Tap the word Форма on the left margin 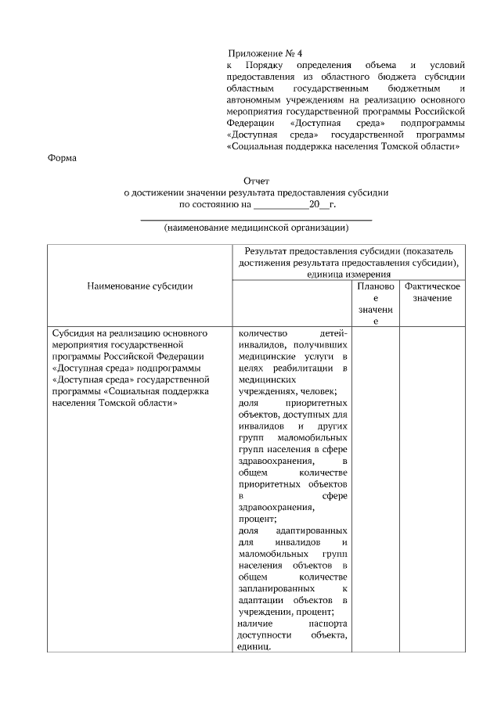tap(63, 159)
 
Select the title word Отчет tap(256, 180)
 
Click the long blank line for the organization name tap(256, 219)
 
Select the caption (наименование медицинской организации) tap(256, 228)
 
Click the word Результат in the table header tap(268, 252)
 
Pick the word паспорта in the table tap(328, 624)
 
